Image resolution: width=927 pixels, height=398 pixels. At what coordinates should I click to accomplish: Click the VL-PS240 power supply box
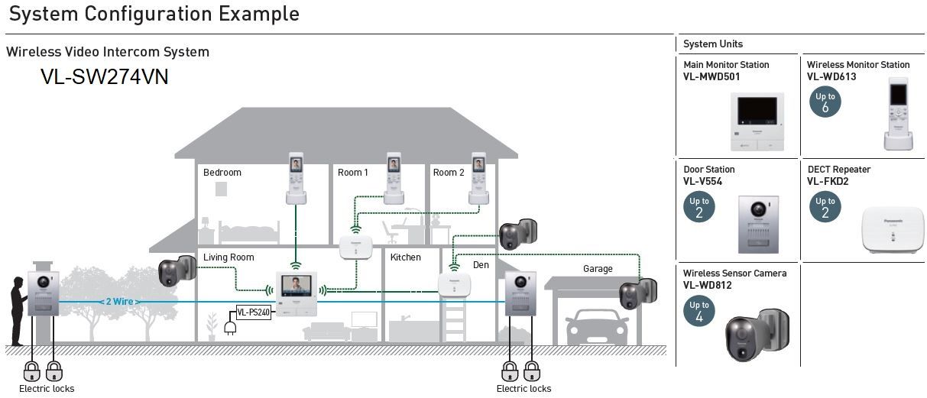(x=254, y=312)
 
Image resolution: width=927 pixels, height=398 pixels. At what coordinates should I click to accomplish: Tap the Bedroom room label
(x=222, y=172)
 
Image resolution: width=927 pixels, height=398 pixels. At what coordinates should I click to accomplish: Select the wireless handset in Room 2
(x=478, y=178)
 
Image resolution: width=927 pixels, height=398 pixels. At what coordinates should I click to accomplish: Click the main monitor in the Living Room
(x=297, y=294)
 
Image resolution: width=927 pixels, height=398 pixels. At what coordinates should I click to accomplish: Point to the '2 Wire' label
(x=119, y=302)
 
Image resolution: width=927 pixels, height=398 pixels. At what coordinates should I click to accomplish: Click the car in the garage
(x=598, y=327)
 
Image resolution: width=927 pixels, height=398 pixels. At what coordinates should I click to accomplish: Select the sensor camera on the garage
(x=637, y=294)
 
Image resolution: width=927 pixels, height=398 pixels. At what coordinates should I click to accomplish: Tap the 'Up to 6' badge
(x=825, y=102)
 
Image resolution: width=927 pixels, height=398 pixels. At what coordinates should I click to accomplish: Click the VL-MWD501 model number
(x=711, y=77)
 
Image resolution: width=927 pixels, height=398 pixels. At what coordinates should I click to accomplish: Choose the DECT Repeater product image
(x=893, y=231)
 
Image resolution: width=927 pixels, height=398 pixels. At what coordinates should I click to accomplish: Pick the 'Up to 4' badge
(x=699, y=311)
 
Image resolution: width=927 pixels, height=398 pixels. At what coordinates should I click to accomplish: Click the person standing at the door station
(x=18, y=311)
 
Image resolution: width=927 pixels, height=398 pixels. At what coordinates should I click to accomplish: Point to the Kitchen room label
(x=406, y=257)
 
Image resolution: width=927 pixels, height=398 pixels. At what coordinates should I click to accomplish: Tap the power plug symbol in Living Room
(x=230, y=328)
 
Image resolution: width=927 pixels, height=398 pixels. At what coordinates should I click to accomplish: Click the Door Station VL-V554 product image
(x=758, y=225)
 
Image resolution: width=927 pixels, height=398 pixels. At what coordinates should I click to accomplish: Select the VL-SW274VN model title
(x=105, y=77)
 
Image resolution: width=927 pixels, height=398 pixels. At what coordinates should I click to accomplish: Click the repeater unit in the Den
(x=454, y=285)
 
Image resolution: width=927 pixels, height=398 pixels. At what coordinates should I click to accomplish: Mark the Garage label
(x=598, y=269)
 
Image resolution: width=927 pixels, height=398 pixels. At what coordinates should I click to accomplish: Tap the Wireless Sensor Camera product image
(x=757, y=335)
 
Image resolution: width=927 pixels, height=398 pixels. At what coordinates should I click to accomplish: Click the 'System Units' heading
(x=712, y=44)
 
